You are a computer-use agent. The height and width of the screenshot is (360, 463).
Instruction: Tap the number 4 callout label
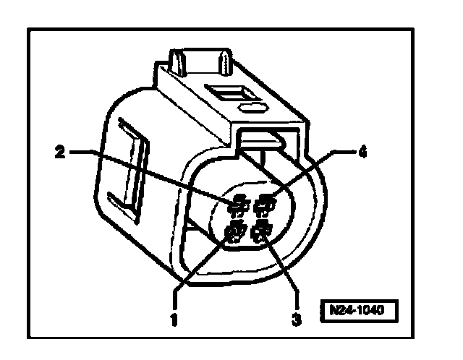363,153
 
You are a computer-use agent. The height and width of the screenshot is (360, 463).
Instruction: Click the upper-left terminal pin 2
235,208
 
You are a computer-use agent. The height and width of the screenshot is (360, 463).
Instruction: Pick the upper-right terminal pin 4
266,207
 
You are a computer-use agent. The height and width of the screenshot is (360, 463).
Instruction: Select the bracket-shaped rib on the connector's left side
130,167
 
